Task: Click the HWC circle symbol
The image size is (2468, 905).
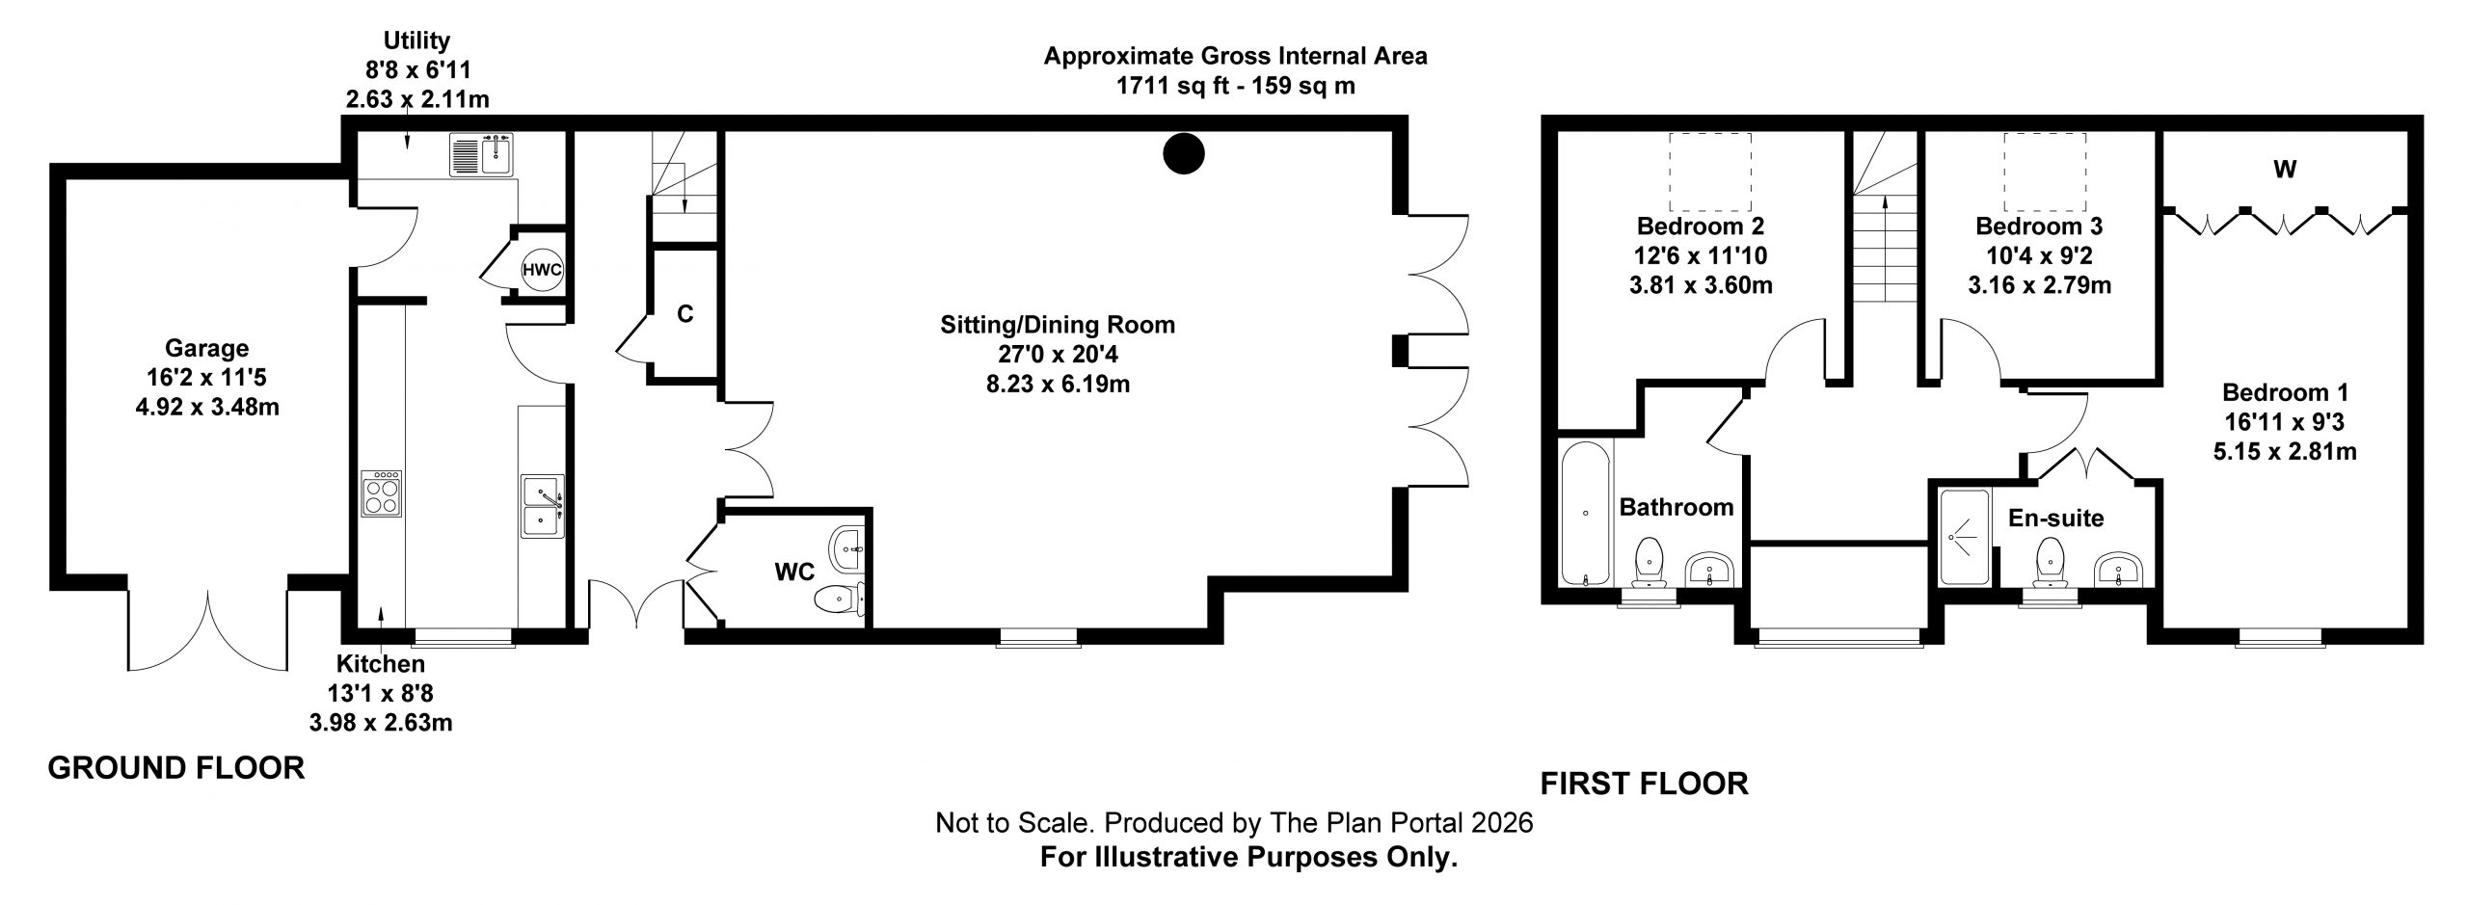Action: (542, 269)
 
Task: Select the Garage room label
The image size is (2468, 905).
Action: (206, 348)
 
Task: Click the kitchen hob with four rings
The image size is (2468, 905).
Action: (382, 494)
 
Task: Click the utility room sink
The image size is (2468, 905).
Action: (483, 154)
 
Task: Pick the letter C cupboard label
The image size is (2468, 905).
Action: (684, 314)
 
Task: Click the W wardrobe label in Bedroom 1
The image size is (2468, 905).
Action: (2286, 170)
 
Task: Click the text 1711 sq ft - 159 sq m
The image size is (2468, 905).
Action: (1236, 86)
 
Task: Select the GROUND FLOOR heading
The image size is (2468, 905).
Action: (176, 768)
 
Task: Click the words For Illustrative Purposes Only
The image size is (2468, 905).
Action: (1248, 858)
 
